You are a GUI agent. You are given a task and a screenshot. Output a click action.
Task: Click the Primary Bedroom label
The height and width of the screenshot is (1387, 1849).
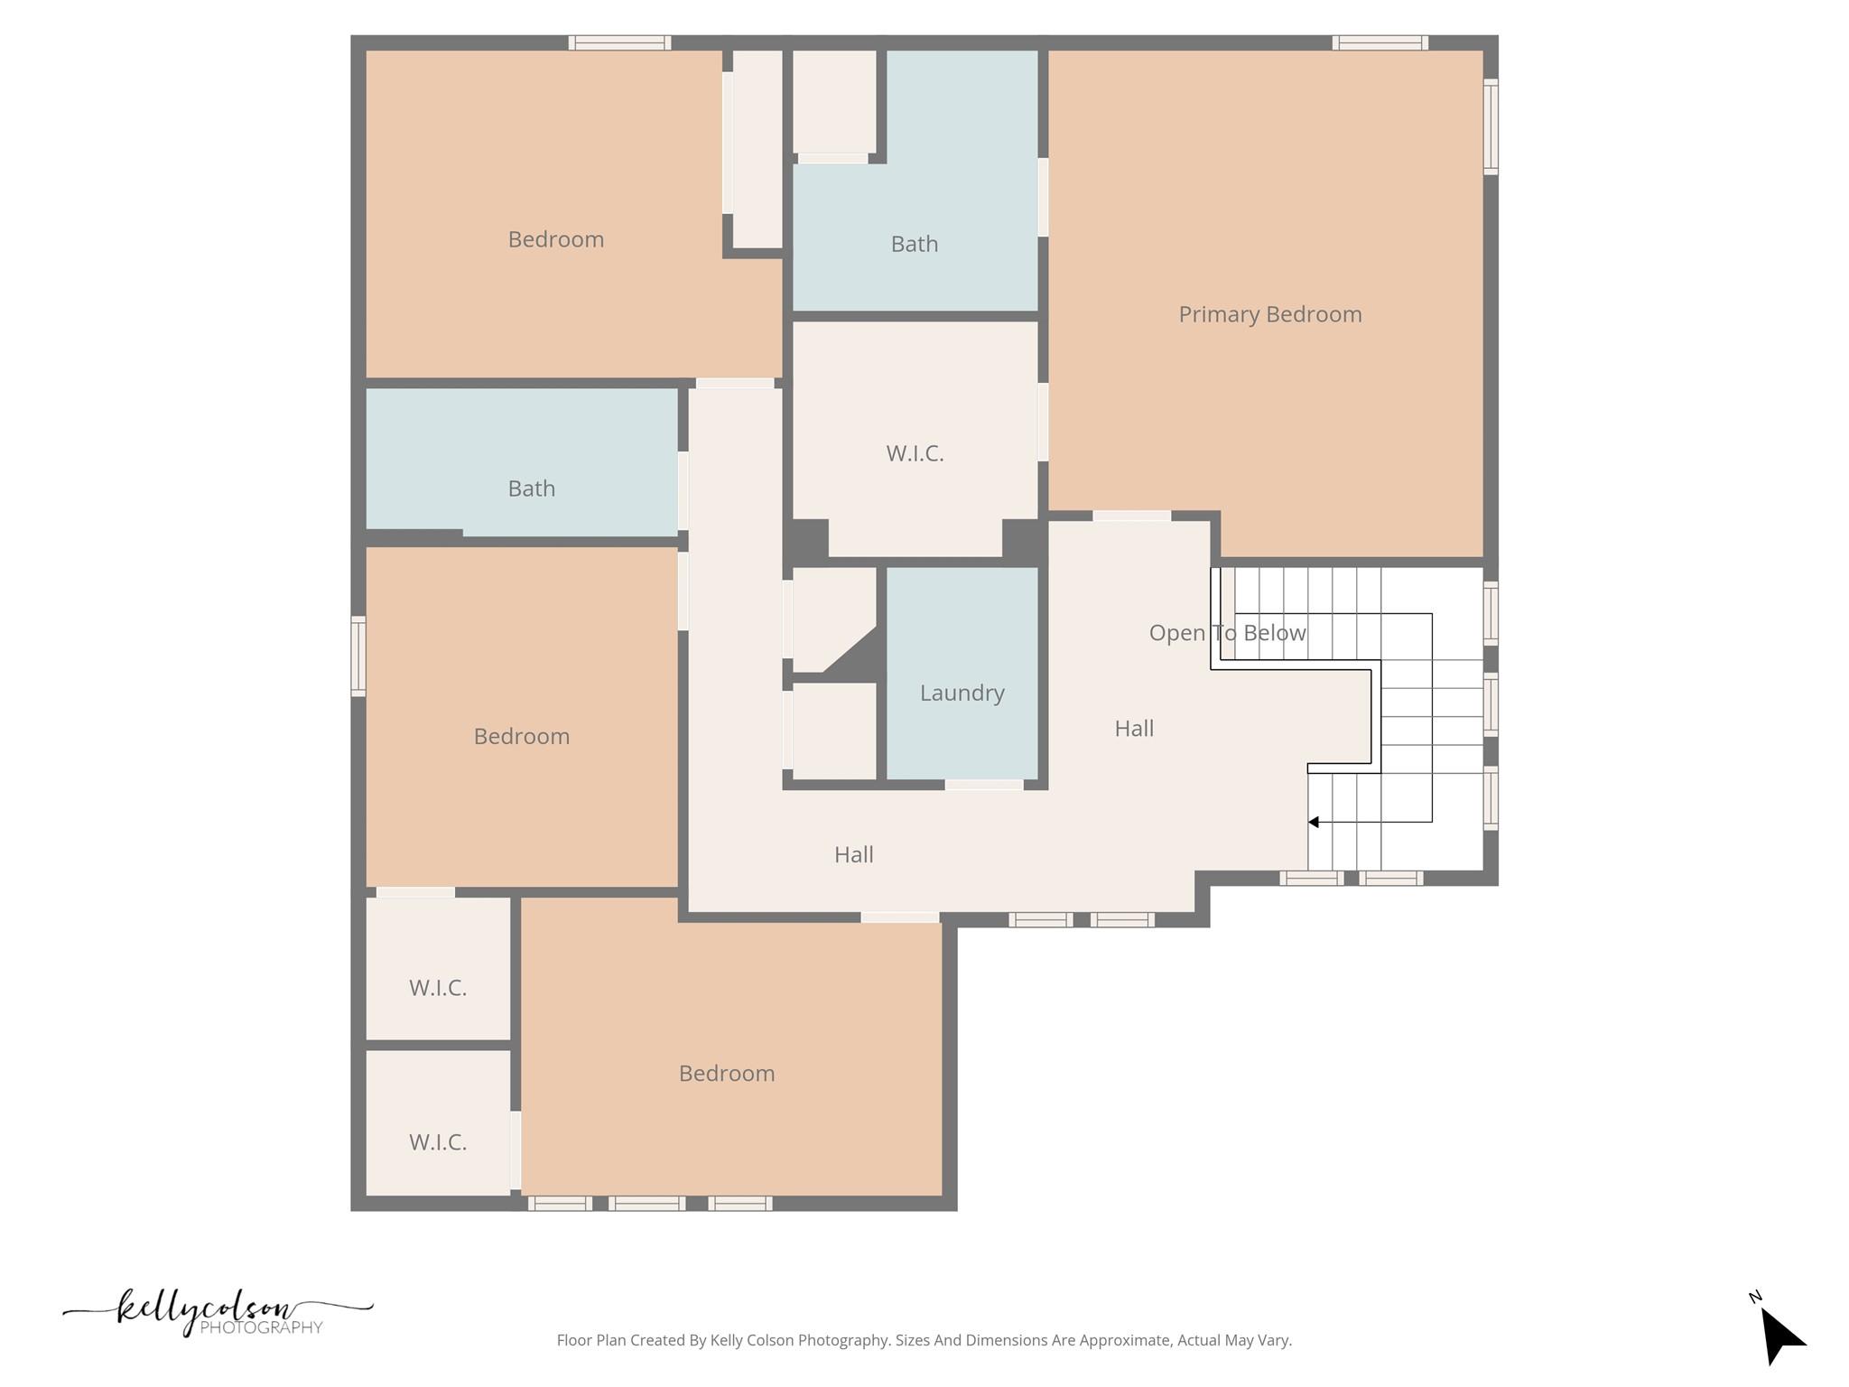1269,314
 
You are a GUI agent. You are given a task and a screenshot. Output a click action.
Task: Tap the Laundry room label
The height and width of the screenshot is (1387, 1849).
962,693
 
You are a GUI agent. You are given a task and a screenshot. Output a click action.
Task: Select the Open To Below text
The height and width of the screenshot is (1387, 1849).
1227,632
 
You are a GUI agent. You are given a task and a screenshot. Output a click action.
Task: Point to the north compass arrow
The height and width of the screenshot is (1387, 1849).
1781,1334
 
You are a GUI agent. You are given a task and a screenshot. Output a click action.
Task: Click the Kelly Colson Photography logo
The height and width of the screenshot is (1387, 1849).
217,1312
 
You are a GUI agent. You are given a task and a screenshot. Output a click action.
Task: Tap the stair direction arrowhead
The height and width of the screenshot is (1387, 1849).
1314,822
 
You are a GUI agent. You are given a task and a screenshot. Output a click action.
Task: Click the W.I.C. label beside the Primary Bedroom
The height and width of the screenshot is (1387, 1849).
915,453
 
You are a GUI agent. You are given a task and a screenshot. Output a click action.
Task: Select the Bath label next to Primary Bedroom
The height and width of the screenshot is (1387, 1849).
914,244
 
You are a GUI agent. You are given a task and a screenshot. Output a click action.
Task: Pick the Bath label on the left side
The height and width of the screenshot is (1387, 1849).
531,489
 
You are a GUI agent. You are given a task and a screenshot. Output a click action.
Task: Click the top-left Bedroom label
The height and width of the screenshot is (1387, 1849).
555,239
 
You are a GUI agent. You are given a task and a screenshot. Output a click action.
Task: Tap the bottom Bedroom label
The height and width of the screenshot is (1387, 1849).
727,1073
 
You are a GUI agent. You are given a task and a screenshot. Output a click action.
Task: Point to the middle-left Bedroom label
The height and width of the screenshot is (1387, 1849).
522,736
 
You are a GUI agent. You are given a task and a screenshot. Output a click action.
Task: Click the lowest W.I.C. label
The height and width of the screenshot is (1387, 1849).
438,1142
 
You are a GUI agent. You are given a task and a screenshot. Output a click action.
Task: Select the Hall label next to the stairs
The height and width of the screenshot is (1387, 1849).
1134,728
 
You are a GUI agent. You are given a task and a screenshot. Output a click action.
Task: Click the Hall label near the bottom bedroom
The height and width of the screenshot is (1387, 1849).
853,854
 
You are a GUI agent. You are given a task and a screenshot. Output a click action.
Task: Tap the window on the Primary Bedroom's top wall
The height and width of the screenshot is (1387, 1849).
1380,42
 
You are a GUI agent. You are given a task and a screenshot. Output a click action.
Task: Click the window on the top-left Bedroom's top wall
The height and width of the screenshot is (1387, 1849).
619,42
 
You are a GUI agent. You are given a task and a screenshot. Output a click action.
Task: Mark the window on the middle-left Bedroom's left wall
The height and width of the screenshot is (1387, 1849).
358,656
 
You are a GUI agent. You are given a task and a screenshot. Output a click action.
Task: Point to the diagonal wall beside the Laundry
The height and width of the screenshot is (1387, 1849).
850,650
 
